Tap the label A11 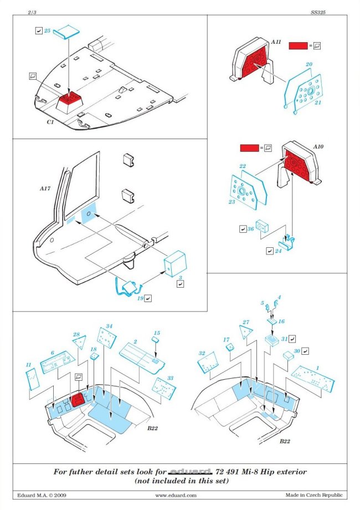(x=276, y=42)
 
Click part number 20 (x=309, y=64)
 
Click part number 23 (x=232, y=202)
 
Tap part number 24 (x=278, y=251)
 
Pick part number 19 (x=141, y=298)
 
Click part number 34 (x=109, y=327)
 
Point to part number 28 (x=76, y=335)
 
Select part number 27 (x=245, y=322)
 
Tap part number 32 (x=202, y=353)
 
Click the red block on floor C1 (x=69, y=100)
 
